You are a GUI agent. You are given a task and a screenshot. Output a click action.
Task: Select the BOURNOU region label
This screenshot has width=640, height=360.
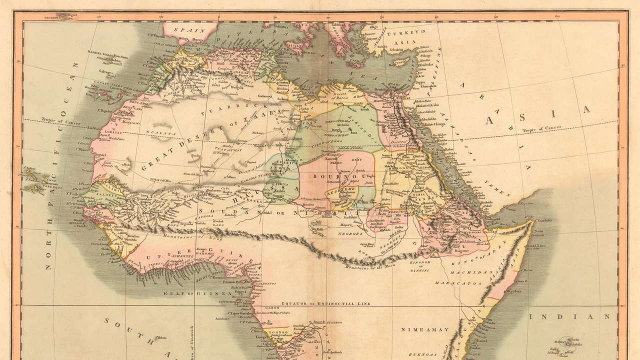(330, 176)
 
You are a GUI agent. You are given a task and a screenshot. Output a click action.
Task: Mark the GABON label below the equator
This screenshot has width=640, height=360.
(273, 309)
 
